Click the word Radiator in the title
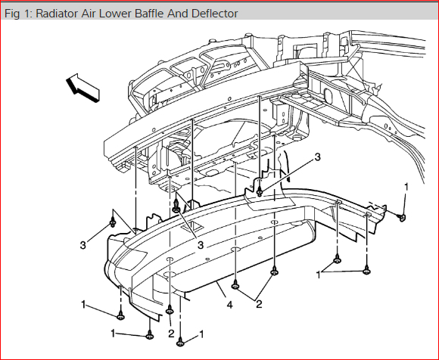coord(57,14)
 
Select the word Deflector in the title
coord(215,14)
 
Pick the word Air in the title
coord(89,14)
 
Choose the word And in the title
coord(178,14)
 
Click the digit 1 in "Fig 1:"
coord(26,14)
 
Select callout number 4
coord(229,305)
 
